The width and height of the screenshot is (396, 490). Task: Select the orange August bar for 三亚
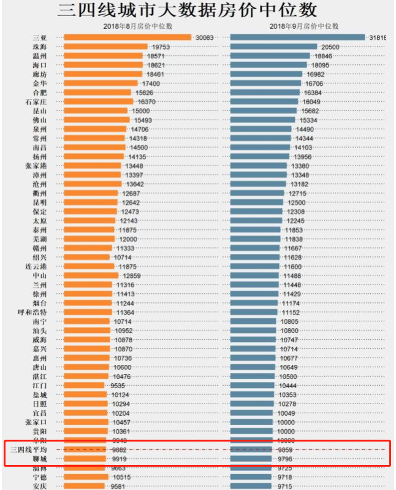pos(127,37)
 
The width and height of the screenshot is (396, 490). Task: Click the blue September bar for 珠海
pos(273,47)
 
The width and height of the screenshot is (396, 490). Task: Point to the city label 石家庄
pos(36,102)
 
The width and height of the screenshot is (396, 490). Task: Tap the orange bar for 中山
pos(91,275)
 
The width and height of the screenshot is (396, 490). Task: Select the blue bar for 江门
pos(251,385)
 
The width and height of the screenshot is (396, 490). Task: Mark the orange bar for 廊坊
pos(98,74)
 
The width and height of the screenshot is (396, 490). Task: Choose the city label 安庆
pos(40,486)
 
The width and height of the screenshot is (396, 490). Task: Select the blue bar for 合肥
pos(265,93)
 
